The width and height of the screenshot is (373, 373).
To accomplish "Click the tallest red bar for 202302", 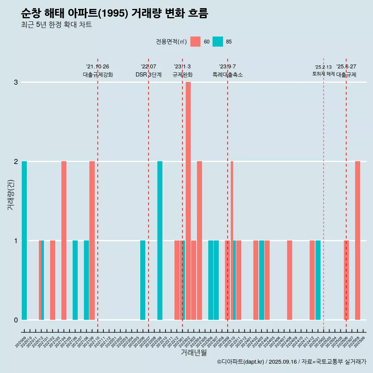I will (x=188, y=200).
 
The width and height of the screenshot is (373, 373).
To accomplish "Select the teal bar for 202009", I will (x=24, y=240).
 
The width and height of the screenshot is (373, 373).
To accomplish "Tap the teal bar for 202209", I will (x=160, y=240).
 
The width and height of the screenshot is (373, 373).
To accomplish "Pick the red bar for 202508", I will (x=357, y=240).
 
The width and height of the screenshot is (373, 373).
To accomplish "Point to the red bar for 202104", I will (x=64, y=240).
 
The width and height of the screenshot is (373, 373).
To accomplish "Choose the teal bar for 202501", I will (x=318, y=280).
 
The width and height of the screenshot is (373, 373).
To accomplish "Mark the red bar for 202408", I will (x=289, y=280).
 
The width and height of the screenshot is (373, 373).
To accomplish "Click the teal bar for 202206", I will (x=143, y=280).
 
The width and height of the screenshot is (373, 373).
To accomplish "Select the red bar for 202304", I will (x=199, y=240).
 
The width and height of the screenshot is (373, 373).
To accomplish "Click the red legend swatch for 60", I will (x=195, y=42).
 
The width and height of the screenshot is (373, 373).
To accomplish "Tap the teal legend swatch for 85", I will (x=218, y=42).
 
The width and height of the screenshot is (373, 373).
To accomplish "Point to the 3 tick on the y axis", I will (x=16, y=82).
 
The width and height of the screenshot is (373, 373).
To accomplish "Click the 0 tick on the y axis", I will (x=16, y=320).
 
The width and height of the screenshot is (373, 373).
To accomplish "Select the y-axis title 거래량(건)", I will (x=10, y=194).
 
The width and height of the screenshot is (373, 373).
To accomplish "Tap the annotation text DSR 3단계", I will (x=148, y=75).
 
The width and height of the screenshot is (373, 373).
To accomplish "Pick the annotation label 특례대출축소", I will (x=228, y=75).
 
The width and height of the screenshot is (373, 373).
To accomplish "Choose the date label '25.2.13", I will (x=323, y=67).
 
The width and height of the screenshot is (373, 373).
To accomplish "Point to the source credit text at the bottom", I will (x=291, y=362).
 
